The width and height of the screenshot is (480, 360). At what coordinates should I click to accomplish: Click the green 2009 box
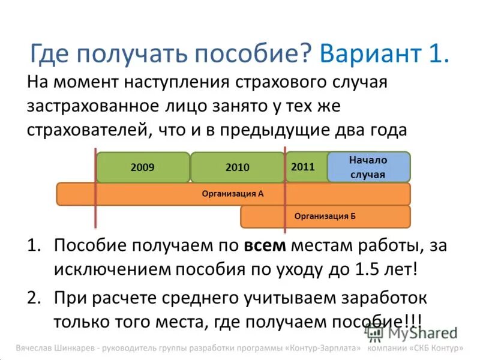142,167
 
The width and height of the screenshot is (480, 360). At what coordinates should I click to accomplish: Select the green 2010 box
237,167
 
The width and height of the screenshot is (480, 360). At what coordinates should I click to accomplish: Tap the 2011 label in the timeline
303,167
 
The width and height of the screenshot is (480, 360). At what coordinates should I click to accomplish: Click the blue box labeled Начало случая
368,167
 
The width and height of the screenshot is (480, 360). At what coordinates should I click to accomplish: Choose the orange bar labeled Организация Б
325,217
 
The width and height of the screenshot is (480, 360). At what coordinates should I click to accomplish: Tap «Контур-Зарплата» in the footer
325,348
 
